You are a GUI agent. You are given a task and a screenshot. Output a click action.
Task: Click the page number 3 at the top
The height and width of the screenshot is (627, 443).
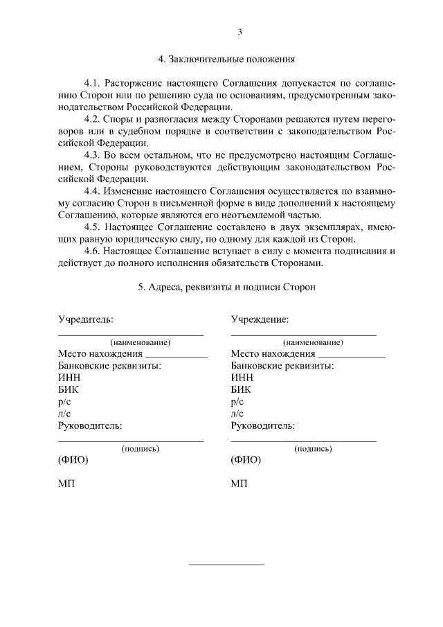click(239, 32)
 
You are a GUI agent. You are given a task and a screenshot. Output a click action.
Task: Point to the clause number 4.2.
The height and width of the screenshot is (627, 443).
click(92, 118)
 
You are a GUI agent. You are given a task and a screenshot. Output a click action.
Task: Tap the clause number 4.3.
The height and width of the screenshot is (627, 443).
click(92, 154)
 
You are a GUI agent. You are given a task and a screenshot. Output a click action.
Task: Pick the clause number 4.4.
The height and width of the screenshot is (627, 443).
click(92, 190)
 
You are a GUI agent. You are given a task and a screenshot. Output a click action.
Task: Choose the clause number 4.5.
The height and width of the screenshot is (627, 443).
click(92, 226)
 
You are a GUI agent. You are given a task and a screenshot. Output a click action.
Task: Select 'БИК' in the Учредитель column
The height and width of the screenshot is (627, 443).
click(69, 389)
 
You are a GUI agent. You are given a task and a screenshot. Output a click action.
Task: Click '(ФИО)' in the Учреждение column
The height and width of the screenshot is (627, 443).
click(246, 460)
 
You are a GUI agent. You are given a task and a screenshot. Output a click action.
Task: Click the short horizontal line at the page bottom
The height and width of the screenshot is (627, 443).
click(226, 564)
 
